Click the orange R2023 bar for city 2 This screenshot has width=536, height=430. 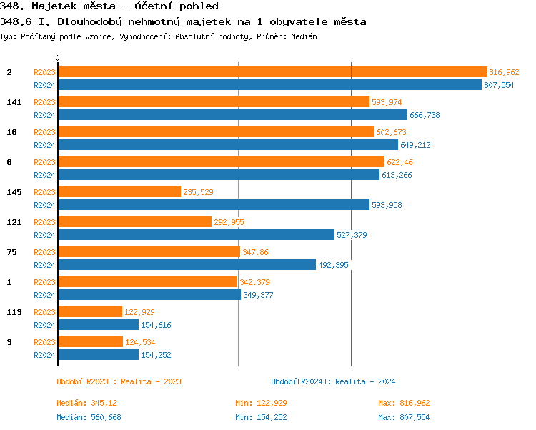click(x=272, y=72)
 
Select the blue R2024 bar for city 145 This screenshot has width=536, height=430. click(x=213, y=205)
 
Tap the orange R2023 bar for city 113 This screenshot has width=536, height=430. click(x=89, y=312)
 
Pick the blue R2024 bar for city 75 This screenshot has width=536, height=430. click(x=186, y=265)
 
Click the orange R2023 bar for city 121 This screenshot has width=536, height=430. click(x=134, y=222)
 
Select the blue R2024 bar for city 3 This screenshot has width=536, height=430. click(x=97, y=355)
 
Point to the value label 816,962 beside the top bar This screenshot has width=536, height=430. click(x=504, y=72)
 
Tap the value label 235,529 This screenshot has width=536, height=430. click(x=198, y=192)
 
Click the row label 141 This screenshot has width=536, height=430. click(x=14, y=102)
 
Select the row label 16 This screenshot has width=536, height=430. click(x=11, y=132)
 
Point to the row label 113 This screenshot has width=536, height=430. click(x=14, y=312)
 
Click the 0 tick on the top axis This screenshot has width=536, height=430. click(x=58, y=57)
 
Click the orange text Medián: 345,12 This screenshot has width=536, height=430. click(x=86, y=403)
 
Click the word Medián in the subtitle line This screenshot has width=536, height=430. click(x=304, y=36)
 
